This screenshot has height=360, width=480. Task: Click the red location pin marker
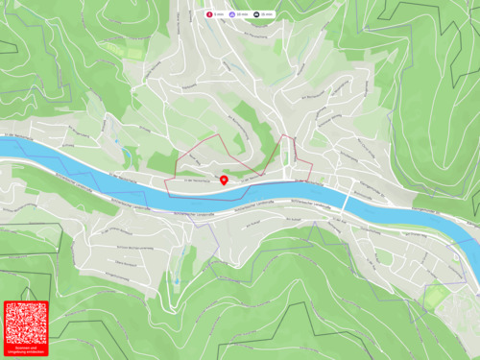tap(224, 179)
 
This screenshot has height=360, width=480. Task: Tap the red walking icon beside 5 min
tap(210, 15)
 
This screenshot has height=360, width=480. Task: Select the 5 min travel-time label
tap(220, 15)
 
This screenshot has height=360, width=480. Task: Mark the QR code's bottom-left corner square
tap(12, 338)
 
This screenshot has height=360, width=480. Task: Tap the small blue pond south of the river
tap(177, 280)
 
